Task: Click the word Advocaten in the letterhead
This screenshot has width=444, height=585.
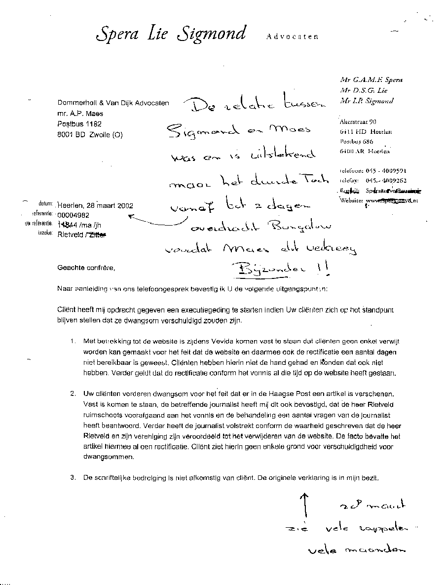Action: click(x=292, y=37)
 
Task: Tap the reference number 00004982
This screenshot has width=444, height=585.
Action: click(x=74, y=215)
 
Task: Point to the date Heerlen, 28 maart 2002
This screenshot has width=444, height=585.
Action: click(x=95, y=205)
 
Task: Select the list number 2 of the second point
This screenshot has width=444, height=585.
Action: click(x=73, y=394)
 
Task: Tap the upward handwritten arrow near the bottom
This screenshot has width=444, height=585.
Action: click(x=304, y=507)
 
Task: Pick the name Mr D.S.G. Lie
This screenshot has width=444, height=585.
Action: click(x=364, y=90)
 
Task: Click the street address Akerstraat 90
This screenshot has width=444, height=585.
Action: click(x=358, y=122)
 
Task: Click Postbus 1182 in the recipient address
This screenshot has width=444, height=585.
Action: click(x=79, y=124)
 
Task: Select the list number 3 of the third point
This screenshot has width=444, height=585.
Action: click(x=73, y=477)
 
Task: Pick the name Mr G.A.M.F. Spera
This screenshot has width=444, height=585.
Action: click(x=371, y=79)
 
